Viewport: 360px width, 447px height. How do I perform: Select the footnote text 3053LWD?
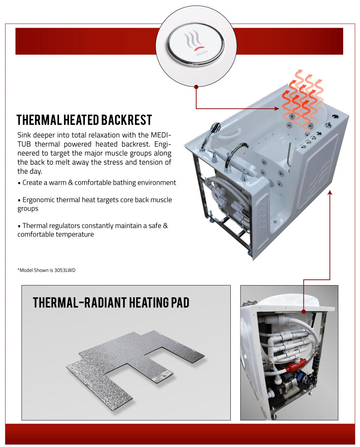coord(65,270)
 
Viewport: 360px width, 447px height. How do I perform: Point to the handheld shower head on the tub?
coord(215,128)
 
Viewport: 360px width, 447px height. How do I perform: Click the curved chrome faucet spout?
coord(236,150)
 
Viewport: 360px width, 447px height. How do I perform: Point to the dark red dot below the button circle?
coord(196,87)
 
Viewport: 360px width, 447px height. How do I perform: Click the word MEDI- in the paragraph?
coord(161,135)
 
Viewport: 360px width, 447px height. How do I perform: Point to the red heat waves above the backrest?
coord(302,97)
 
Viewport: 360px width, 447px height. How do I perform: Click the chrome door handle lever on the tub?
coord(289,155)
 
